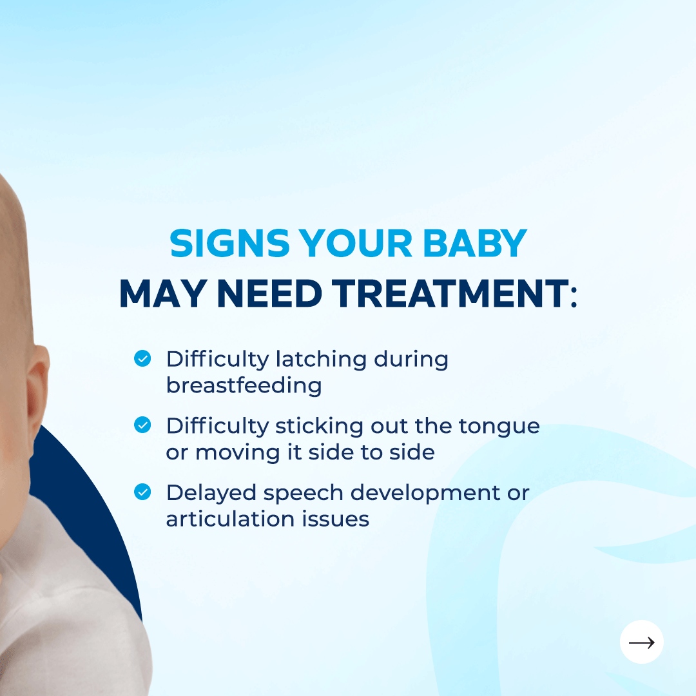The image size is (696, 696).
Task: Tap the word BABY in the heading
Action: (x=475, y=243)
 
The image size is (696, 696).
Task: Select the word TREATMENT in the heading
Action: (x=450, y=293)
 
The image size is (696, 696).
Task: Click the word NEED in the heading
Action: (x=269, y=293)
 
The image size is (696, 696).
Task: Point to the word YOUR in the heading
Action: (x=355, y=243)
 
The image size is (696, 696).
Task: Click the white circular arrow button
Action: (x=641, y=642)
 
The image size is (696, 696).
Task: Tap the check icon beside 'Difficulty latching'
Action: (x=142, y=358)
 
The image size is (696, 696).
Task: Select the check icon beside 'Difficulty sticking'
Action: (x=142, y=425)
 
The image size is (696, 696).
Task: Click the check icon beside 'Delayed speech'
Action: (x=142, y=492)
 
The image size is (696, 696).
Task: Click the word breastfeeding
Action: (x=244, y=385)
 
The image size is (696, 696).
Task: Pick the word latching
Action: (x=321, y=359)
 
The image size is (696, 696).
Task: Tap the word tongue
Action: (x=499, y=427)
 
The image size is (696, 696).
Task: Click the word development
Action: (x=425, y=493)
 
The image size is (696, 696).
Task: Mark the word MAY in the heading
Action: (x=162, y=293)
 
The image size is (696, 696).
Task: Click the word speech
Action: (x=303, y=493)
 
